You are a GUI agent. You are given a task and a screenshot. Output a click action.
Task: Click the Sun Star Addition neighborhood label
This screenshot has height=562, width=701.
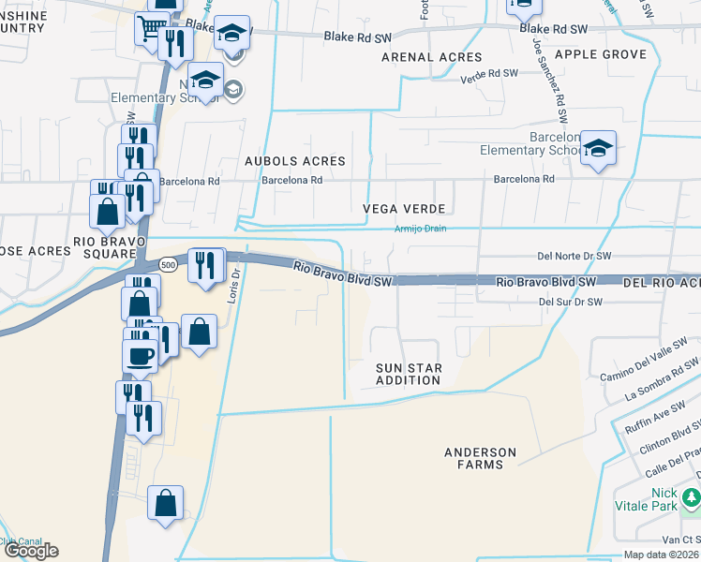coord(408,374)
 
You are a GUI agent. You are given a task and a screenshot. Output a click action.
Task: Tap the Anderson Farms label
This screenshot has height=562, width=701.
coord(480,459)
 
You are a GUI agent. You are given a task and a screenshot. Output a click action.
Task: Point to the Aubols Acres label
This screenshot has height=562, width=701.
coord(295,161)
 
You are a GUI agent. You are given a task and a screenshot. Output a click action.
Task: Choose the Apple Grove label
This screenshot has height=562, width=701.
coord(600,54)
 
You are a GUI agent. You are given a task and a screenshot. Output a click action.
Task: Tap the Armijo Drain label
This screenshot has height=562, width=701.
coord(420,229)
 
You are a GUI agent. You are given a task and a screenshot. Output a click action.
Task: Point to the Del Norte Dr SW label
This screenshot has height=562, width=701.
coord(574,255)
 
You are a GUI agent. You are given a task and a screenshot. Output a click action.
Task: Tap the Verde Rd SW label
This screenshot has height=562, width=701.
coord(489,73)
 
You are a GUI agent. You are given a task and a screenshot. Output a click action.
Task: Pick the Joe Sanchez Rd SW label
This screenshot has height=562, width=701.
coord(550,81)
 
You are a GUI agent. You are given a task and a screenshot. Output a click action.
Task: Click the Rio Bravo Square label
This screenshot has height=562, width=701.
coord(106,245)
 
